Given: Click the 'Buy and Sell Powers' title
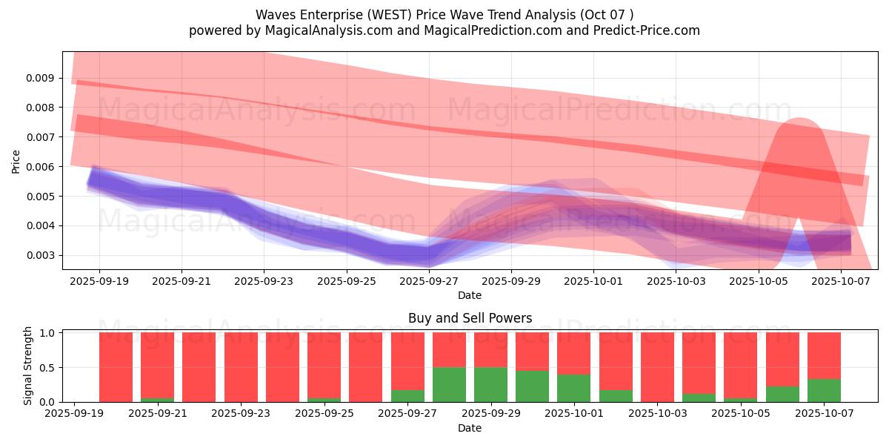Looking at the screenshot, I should click(x=470, y=318).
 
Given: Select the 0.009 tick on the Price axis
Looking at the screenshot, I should click(x=41, y=78).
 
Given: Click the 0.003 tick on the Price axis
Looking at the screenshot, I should click(x=41, y=255).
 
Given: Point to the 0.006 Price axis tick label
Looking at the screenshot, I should click(x=41, y=167).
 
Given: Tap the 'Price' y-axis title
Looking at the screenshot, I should click(x=16, y=161).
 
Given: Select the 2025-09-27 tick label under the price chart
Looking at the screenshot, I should click(x=428, y=282).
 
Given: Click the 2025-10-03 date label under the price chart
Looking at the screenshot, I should click(x=676, y=282).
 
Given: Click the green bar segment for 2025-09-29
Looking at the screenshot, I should click(x=491, y=384).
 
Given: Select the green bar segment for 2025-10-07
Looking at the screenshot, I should click(x=824, y=390).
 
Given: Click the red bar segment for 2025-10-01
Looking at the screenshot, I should click(x=574, y=353).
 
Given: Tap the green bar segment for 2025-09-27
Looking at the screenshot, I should click(x=407, y=396).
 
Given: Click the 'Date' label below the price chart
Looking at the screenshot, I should click(x=470, y=295).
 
